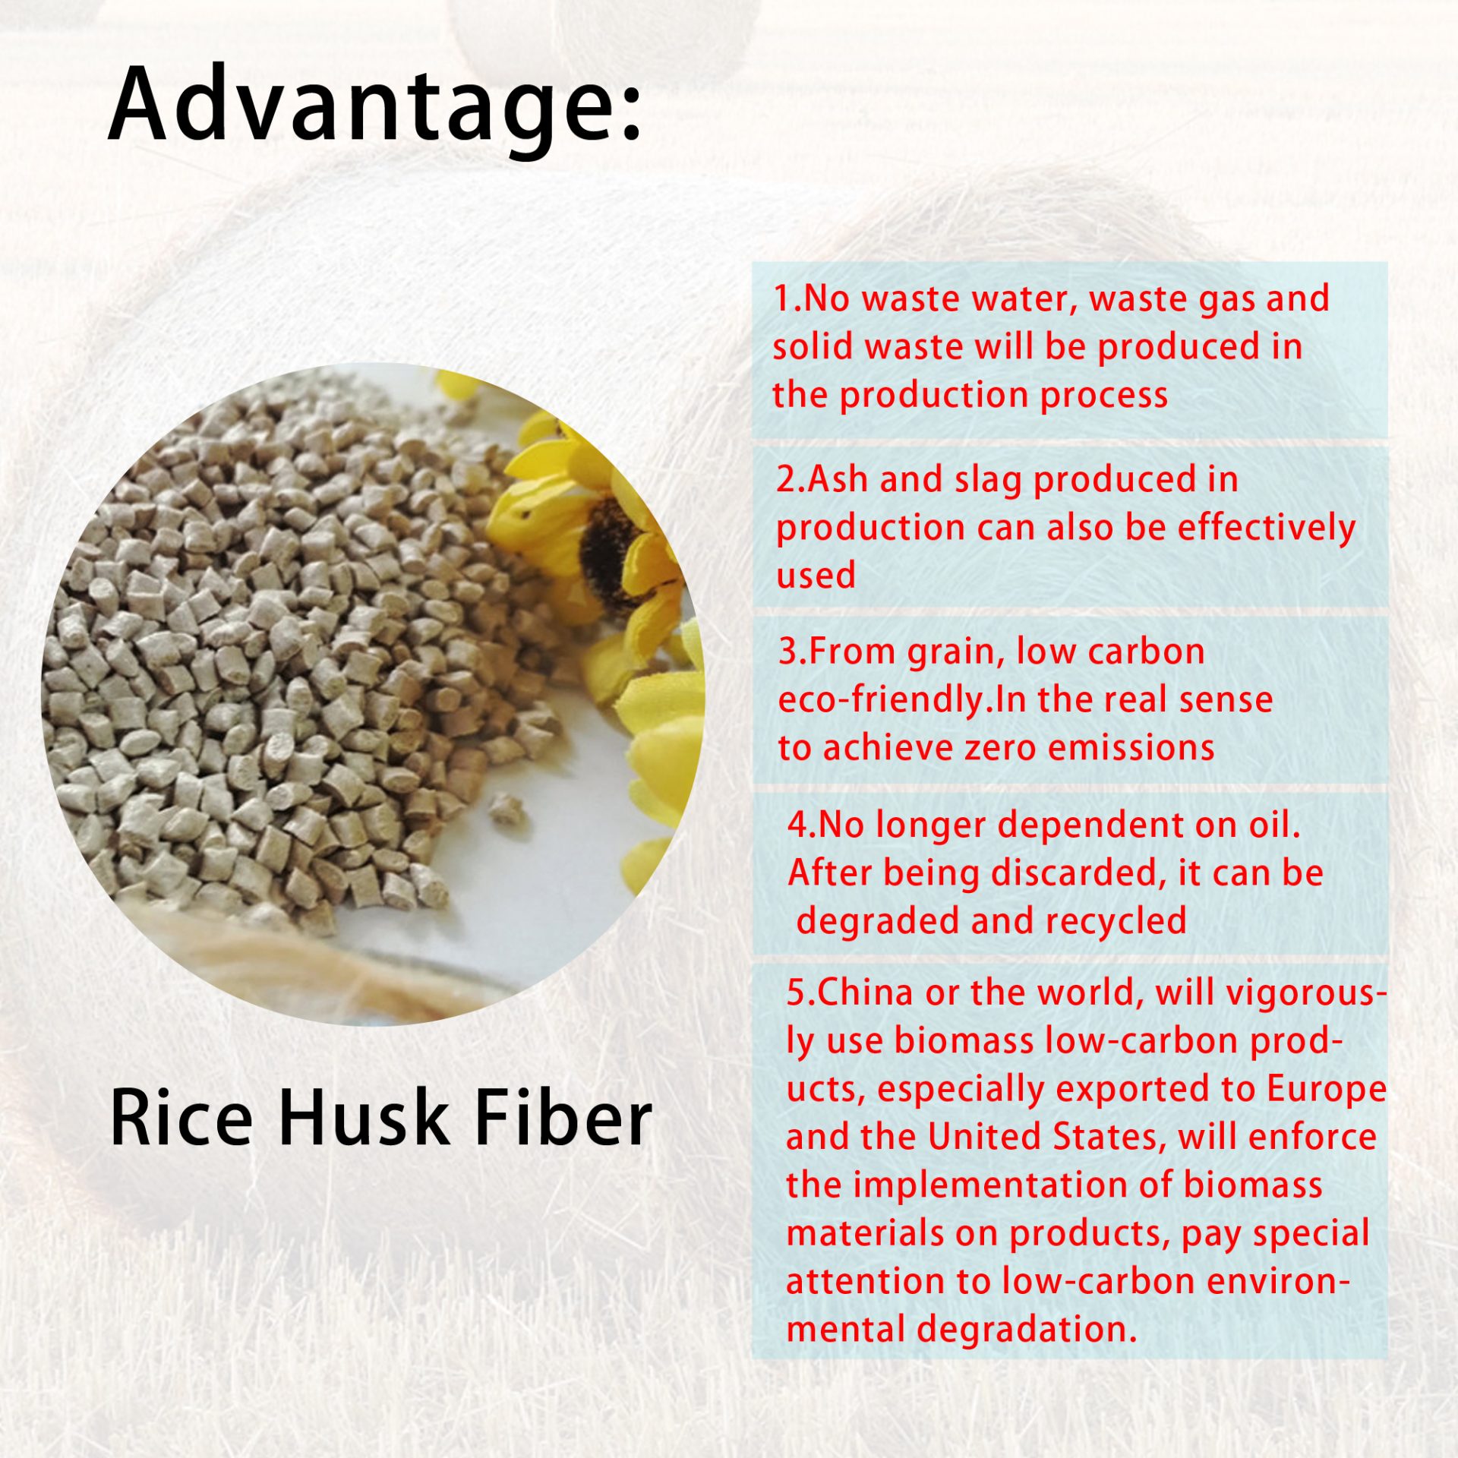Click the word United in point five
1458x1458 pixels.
986,1138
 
